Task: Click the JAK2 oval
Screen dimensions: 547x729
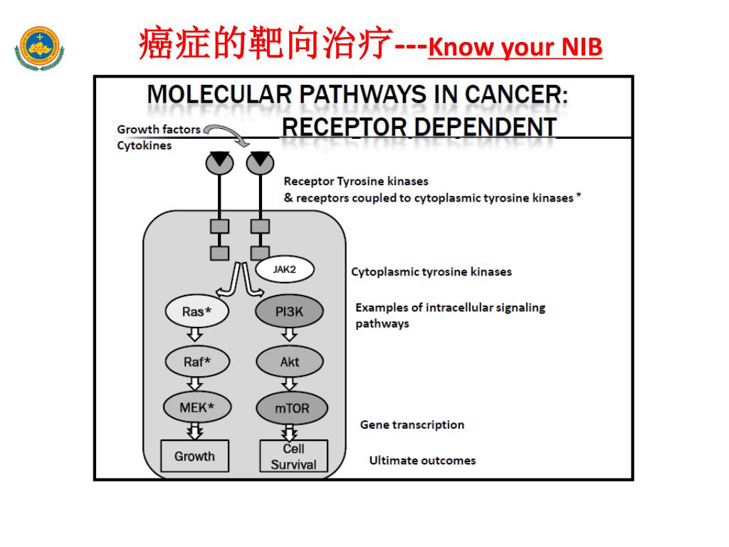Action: pyautogui.click(x=284, y=270)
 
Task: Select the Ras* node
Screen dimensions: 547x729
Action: pyautogui.click(x=196, y=311)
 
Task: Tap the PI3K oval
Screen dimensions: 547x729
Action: pyautogui.click(x=289, y=311)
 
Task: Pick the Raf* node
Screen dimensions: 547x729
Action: pyautogui.click(x=196, y=362)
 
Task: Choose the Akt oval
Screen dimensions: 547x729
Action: pyautogui.click(x=289, y=362)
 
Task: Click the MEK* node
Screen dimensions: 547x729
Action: pyautogui.click(x=196, y=407)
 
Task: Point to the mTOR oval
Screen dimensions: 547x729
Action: pyautogui.click(x=290, y=409)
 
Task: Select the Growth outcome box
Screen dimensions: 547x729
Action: pyautogui.click(x=194, y=456)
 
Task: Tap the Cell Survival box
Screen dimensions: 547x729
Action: pyautogui.click(x=293, y=457)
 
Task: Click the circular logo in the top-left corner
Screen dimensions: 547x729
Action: pyautogui.click(x=39, y=48)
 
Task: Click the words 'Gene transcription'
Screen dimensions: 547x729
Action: pyautogui.click(x=411, y=425)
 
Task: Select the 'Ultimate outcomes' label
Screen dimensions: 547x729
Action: pyautogui.click(x=422, y=461)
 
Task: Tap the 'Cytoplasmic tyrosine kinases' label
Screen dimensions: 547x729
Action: pyautogui.click(x=431, y=272)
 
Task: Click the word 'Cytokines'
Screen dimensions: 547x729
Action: pyautogui.click(x=144, y=145)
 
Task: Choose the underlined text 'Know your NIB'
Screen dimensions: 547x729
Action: pyautogui.click(x=516, y=48)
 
